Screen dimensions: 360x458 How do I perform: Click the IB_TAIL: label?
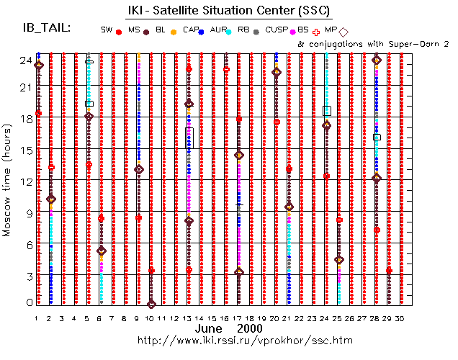coord(47,28)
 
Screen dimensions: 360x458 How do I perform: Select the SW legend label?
coord(107,30)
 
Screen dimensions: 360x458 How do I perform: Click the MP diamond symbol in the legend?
coord(343,32)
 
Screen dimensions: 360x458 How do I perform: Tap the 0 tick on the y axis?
coord(25,303)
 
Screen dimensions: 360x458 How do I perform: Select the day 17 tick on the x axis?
coord(238,318)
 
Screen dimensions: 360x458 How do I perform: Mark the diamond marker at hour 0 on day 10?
coord(151,304)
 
